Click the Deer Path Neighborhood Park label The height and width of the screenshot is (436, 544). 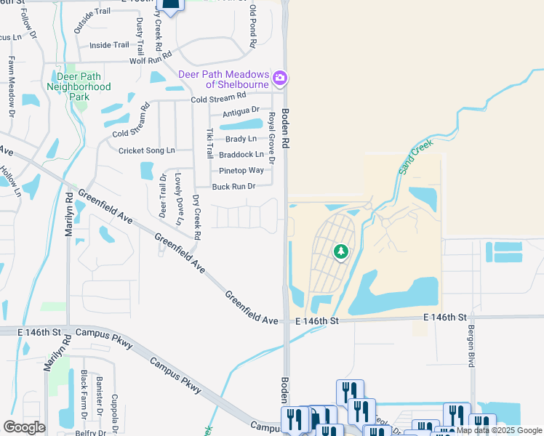79,81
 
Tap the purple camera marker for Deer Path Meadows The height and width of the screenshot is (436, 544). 280,77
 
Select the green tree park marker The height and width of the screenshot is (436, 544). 340,252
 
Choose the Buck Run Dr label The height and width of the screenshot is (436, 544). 233,187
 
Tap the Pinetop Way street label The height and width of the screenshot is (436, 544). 241,171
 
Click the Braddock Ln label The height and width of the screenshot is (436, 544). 241,155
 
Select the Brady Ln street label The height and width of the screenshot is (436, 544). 241,139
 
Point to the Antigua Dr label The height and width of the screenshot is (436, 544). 241,110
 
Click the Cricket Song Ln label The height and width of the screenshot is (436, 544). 147,150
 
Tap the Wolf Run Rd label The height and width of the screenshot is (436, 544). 151,58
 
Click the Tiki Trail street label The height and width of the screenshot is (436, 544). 209,144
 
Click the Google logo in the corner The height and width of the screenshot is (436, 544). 24,427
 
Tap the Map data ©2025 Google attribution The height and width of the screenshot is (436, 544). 499,430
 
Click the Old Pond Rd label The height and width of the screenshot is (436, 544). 253,26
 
